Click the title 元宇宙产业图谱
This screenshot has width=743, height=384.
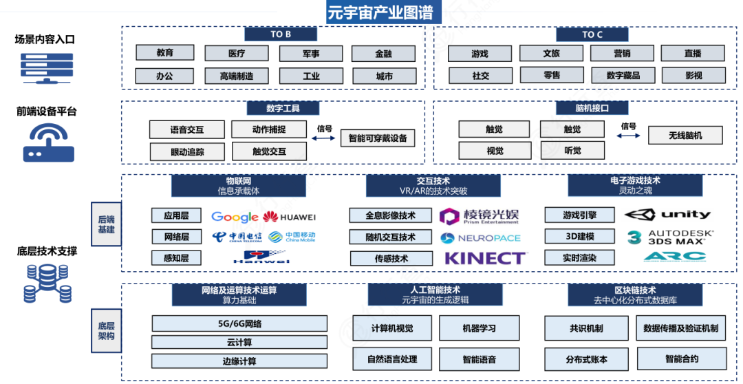380,12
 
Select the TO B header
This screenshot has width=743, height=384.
280,34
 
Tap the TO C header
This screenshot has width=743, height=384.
592,34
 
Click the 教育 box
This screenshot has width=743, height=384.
165,53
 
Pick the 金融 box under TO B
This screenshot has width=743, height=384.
383,54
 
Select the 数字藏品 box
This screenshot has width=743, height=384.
623,75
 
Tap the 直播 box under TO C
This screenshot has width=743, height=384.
693,54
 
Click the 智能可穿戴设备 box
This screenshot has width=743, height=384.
378,138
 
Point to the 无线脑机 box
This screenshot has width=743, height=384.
685,136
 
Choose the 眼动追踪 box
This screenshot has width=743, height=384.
187,151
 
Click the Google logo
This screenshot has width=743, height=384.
235,217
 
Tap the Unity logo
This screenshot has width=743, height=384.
667,215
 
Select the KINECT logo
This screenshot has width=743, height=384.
485,259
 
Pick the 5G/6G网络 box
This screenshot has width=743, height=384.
239,323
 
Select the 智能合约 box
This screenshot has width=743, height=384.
681,359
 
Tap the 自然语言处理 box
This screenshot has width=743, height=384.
391,359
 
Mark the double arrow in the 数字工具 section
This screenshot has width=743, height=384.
323,138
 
